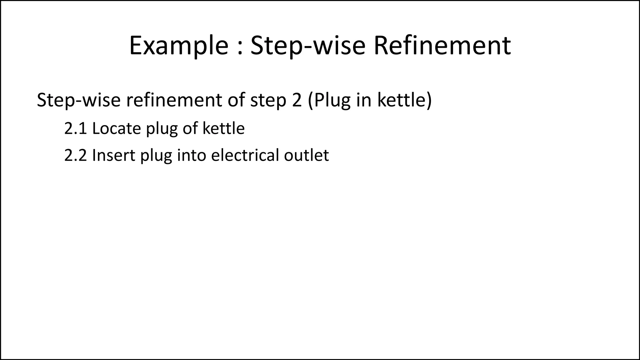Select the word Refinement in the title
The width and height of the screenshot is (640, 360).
442,46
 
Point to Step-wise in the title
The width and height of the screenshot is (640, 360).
308,46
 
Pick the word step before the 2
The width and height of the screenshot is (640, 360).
268,101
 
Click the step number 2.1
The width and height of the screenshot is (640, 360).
75,128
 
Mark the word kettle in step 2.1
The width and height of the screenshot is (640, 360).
223,128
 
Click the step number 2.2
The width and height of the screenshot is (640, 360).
75,155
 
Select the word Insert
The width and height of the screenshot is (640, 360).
113,155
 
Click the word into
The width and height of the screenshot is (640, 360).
191,155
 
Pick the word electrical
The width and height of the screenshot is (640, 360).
245,155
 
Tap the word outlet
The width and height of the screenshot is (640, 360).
306,155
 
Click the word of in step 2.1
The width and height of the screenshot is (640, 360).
190,128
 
